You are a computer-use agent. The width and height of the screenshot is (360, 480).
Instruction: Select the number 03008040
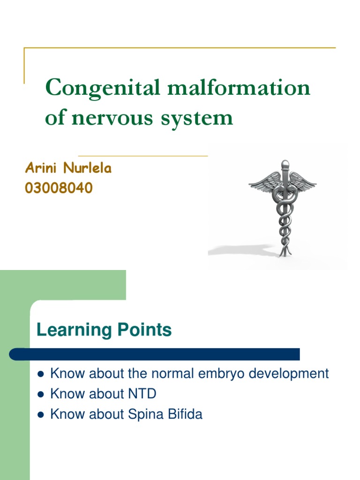[58, 188]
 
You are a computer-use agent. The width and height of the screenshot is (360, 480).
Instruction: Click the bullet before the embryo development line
[40, 375]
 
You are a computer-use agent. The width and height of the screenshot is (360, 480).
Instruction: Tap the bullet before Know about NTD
[40, 395]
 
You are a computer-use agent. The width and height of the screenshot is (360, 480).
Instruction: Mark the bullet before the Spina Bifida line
[40, 415]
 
